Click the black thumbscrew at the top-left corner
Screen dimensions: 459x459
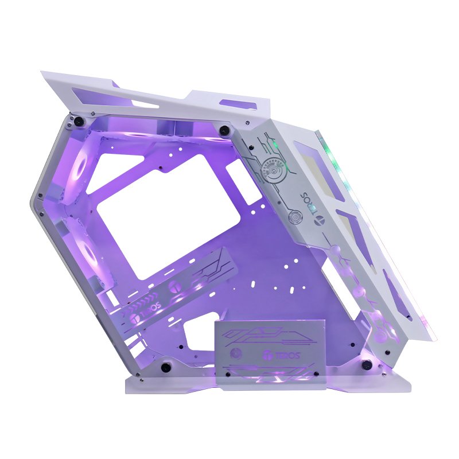[x=78, y=120]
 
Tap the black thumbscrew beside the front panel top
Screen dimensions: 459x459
[x=224, y=129]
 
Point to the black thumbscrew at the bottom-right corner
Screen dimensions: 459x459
[x=366, y=365]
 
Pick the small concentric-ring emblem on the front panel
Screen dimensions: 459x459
[x=294, y=217]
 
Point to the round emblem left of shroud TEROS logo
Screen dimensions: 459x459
[x=235, y=353]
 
